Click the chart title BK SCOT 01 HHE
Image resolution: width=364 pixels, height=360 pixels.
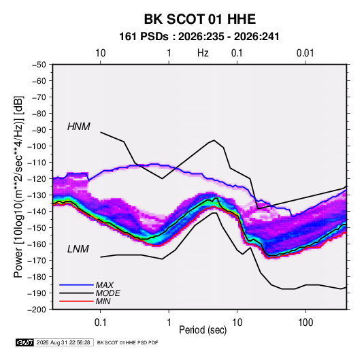(x=200, y=19)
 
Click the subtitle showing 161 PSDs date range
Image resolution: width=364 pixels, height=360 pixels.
(x=199, y=37)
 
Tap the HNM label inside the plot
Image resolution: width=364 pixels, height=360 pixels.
(x=79, y=127)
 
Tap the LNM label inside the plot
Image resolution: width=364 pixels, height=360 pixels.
(x=78, y=249)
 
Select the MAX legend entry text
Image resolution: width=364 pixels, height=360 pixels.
(x=105, y=284)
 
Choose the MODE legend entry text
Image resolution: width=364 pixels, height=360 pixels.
(x=108, y=293)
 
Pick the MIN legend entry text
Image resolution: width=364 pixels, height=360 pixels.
(x=103, y=301)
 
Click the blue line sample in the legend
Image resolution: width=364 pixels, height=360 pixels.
(x=76, y=285)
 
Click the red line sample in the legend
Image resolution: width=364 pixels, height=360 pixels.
(x=76, y=301)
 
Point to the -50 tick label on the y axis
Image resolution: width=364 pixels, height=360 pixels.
(x=39, y=65)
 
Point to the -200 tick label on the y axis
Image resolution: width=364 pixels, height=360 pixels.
(x=37, y=310)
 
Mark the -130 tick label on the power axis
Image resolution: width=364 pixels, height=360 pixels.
(x=37, y=195)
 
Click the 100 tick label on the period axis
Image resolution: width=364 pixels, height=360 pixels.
(x=305, y=323)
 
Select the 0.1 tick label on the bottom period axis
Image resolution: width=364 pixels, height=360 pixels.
(x=100, y=323)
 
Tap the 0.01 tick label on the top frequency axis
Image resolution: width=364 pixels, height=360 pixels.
(x=305, y=53)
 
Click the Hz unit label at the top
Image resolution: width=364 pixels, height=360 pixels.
(x=203, y=53)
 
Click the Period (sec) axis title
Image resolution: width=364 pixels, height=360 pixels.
(x=203, y=330)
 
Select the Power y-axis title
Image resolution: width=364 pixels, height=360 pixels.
(x=18, y=186)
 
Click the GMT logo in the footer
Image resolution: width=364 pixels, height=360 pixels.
(x=25, y=342)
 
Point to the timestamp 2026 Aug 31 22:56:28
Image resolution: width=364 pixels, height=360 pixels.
(x=63, y=342)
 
